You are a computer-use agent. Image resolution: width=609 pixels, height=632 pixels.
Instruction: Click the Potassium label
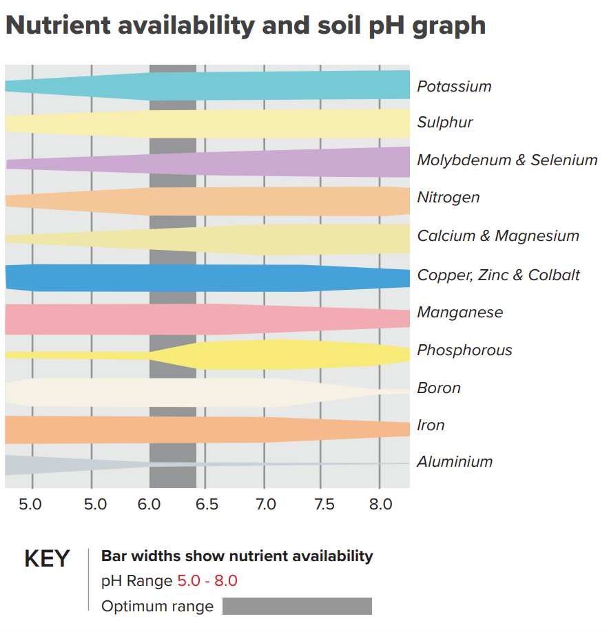pyautogui.click(x=454, y=87)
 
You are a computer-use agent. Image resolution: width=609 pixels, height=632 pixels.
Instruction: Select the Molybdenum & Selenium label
pyautogui.click(x=507, y=160)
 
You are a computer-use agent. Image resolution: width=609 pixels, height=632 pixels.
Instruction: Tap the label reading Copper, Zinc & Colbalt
pyautogui.click(x=498, y=275)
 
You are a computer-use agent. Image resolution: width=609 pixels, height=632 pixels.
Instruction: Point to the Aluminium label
pyautogui.click(x=455, y=462)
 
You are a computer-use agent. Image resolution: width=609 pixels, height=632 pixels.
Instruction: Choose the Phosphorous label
pyautogui.click(x=464, y=350)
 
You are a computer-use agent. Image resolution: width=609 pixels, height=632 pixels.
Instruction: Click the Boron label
pyautogui.click(x=439, y=388)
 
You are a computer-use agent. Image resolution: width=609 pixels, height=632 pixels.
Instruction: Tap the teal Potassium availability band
pyautogui.click(x=276, y=86)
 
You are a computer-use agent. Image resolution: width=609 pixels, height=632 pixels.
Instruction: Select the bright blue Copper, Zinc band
pyautogui.click(x=207, y=277)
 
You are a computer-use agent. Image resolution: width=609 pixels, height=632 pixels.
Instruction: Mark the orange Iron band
pyautogui.click(x=207, y=430)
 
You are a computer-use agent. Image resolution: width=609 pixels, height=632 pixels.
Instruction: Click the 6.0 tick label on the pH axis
pyautogui.click(x=149, y=505)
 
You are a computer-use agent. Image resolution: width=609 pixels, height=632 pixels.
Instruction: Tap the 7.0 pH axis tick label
pyautogui.click(x=265, y=505)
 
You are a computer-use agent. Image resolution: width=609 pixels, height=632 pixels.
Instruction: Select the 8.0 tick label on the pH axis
pyautogui.click(x=380, y=505)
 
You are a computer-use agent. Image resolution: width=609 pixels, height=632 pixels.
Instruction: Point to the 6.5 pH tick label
pyautogui.click(x=207, y=505)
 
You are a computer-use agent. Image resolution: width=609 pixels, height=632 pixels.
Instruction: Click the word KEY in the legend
pyautogui.click(x=47, y=559)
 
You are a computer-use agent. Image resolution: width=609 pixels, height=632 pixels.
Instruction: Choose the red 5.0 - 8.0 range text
pyautogui.click(x=207, y=581)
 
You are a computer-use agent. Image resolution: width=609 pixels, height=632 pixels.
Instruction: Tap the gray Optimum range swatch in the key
pyautogui.click(x=297, y=607)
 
